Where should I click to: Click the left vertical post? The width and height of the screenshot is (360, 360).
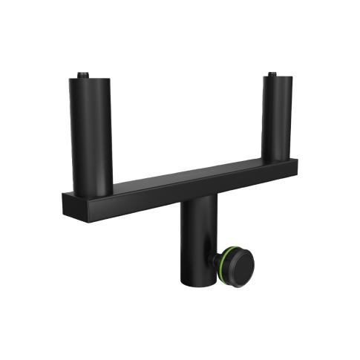click(x=91, y=134)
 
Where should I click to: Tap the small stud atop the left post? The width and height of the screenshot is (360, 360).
click(x=83, y=75)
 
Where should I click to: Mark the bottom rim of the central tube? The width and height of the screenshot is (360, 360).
click(x=195, y=284)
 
